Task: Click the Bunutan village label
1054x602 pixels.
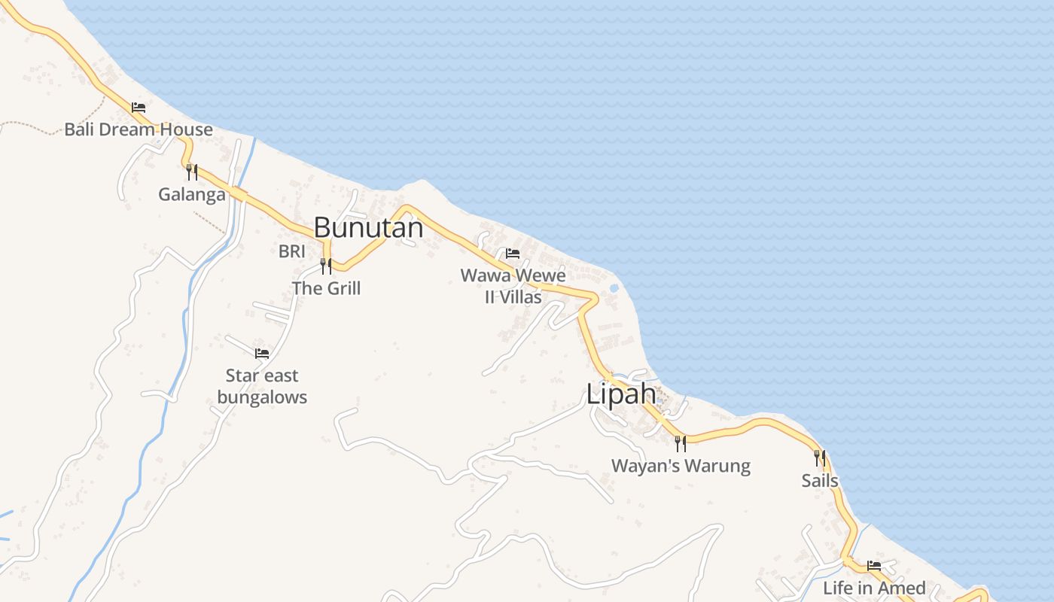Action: click(368, 227)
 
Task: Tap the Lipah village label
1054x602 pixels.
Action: click(622, 394)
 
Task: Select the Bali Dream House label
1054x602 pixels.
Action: click(139, 129)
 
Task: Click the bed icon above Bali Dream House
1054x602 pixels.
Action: click(139, 108)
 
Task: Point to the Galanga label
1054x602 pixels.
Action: click(191, 195)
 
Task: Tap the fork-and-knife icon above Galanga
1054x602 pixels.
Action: click(192, 172)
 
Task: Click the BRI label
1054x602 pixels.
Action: click(291, 251)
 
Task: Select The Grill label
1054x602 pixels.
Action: click(326, 288)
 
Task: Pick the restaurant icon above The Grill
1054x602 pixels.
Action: click(326, 266)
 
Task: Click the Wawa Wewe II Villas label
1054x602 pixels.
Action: click(513, 286)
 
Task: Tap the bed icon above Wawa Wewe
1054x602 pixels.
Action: click(513, 254)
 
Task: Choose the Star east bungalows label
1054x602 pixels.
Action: click(262, 386)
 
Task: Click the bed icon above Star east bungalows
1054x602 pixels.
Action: click(262, 353)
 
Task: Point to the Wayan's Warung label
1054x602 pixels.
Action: click(681, 466)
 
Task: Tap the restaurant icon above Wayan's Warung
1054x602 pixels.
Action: click(680, 443)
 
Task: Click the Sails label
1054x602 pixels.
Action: click(820, 481)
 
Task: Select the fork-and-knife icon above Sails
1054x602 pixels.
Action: click(820, 458)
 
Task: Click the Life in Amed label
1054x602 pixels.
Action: click(874, 588)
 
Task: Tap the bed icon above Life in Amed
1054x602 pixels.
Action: click(874, 565)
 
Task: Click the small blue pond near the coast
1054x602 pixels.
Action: click(614, 288)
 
